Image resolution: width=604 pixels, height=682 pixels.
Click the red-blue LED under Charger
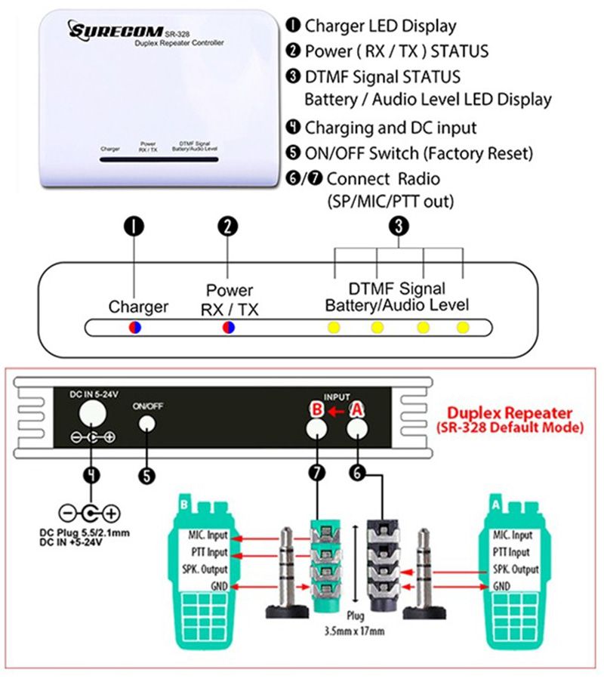(134, 327)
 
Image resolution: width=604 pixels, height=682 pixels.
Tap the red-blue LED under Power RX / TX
(227, 327)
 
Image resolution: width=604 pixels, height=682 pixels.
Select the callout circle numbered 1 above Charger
(134, 226)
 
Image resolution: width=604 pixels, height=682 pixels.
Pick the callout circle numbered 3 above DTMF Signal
(399, 226)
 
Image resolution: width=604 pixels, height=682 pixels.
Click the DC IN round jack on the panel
(92, 412)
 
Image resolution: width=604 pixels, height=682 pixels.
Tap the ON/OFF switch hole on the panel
(147, 423)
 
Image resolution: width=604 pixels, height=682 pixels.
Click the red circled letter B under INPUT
(317, 409)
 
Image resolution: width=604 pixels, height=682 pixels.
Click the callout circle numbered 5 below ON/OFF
(147, 474)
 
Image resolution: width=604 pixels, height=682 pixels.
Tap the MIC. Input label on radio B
(208, 535)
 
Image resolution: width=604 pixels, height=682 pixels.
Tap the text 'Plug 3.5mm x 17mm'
(345, 621)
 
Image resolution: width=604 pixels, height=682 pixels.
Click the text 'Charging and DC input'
(390, 127)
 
